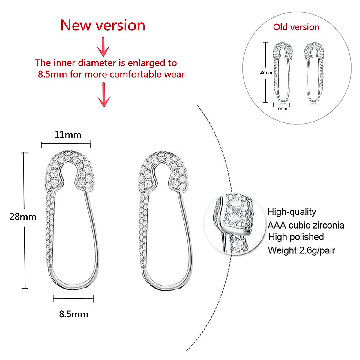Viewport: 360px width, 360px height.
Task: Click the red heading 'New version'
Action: [103, 25]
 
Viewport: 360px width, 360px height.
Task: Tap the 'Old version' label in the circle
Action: [296, 27]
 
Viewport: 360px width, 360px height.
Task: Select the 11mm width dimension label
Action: [68, 134]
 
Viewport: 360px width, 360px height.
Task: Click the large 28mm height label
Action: [23, 217]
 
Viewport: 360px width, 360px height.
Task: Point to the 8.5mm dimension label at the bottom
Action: [73, 314]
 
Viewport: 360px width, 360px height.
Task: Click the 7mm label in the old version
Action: [282, 109]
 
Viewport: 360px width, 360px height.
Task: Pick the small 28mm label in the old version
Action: [266, 73]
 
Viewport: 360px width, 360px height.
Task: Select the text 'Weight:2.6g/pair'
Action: [301, 250]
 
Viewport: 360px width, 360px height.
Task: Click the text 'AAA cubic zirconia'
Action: [306, 225]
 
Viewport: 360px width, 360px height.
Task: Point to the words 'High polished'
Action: [296, 237]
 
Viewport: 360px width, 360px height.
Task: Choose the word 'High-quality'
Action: [292, 212]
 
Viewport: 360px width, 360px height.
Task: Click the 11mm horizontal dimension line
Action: [66, 145]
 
